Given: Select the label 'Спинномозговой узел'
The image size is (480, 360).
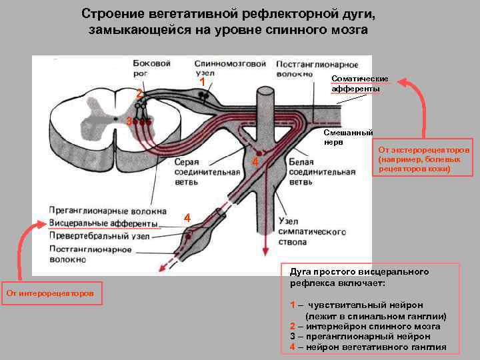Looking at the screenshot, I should click(x=231, y=69).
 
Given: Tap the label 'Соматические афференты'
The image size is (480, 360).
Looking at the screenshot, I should click(x=359, y=84).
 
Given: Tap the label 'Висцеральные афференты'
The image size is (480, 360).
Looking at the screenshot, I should click(x=103, y=223).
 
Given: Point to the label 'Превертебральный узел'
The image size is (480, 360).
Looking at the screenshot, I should click(x=104, y=235).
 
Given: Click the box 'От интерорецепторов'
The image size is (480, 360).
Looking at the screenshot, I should click(x=51, y=293).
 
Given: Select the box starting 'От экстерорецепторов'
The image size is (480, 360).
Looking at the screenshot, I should click(x=423, y=159).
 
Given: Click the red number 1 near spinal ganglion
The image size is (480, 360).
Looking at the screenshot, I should click(x=202, y=81).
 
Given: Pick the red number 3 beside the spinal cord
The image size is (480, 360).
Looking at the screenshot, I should click(x=129, y=121).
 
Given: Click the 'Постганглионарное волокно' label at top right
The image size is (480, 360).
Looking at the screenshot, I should click(x=303, y=69).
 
